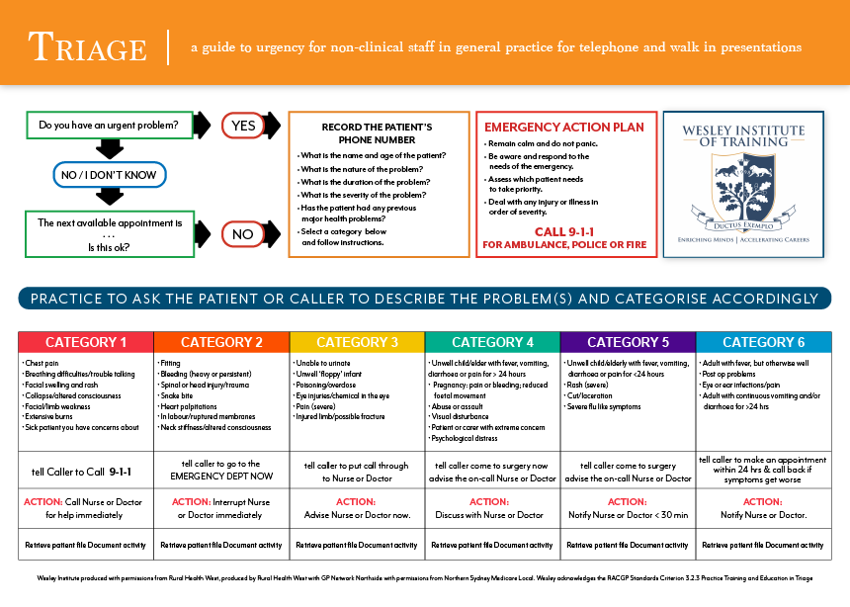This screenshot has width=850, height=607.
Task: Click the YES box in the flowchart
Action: click(244, 126)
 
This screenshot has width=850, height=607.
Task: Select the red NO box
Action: click(244, 234)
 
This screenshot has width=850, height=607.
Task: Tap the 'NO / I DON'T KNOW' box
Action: click(109, 175)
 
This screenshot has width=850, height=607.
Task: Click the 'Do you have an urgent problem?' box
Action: click(109, 126)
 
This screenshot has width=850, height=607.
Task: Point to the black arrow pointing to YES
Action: click(202, 126)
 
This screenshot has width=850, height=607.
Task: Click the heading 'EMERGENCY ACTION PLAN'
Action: click(563, 128)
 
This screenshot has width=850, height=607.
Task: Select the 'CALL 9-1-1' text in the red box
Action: click(564, 231)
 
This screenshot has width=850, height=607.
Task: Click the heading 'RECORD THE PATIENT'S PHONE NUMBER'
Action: click(377, 133)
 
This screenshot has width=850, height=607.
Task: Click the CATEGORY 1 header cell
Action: click(86, 342)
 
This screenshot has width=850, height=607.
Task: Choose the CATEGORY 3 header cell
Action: click(357, 342)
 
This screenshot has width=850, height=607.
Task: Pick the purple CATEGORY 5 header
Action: click(628, 342)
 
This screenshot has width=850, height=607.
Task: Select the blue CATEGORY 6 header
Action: click(763, 342)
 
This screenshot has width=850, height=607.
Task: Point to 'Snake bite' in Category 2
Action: click(178, 396)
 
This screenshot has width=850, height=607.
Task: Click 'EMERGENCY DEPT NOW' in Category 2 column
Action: click(220, 477)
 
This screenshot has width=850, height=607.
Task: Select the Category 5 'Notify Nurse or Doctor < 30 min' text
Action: click(627, 515)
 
